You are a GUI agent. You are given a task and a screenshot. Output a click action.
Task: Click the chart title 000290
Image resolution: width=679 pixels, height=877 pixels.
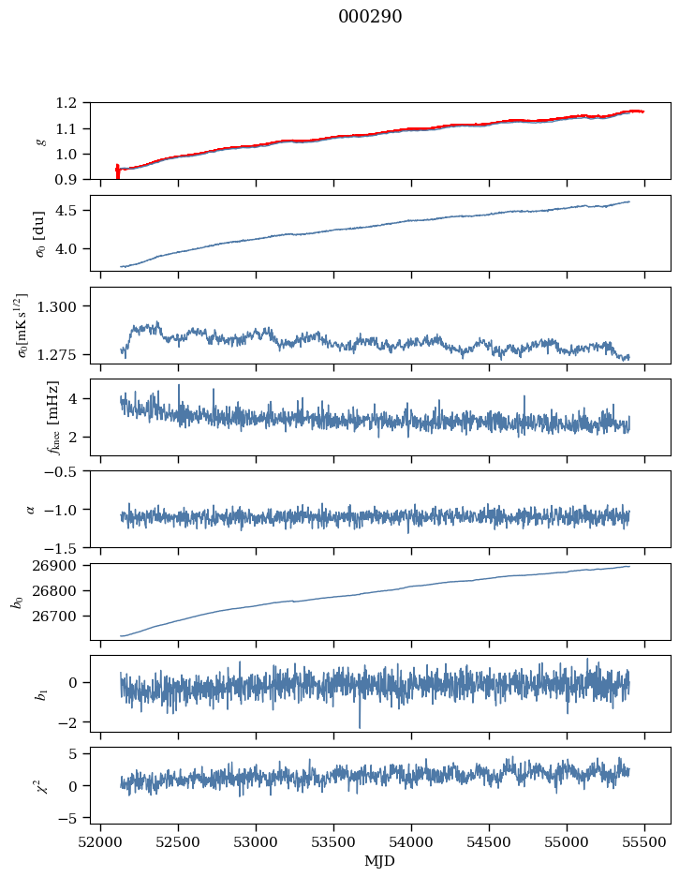(370, 17)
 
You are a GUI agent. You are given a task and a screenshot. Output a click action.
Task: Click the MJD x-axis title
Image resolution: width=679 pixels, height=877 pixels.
(380, 861)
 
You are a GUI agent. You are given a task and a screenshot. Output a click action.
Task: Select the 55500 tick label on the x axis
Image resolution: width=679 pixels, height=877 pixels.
(644, 842)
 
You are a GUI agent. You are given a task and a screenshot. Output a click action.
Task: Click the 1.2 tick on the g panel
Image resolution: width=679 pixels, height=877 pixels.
(72, 103)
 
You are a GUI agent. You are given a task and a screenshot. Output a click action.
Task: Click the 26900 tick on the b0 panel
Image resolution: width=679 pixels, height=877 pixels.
(63, 566)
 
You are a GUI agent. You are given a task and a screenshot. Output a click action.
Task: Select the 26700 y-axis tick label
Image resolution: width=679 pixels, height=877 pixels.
(63, 617)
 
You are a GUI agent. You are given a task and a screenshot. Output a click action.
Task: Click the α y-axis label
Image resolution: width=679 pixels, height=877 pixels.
(30, 509)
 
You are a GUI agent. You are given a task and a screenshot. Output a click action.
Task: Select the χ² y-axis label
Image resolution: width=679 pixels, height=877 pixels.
(30, 784)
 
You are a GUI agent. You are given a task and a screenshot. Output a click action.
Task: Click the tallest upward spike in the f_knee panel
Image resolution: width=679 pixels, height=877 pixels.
(179, 386)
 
